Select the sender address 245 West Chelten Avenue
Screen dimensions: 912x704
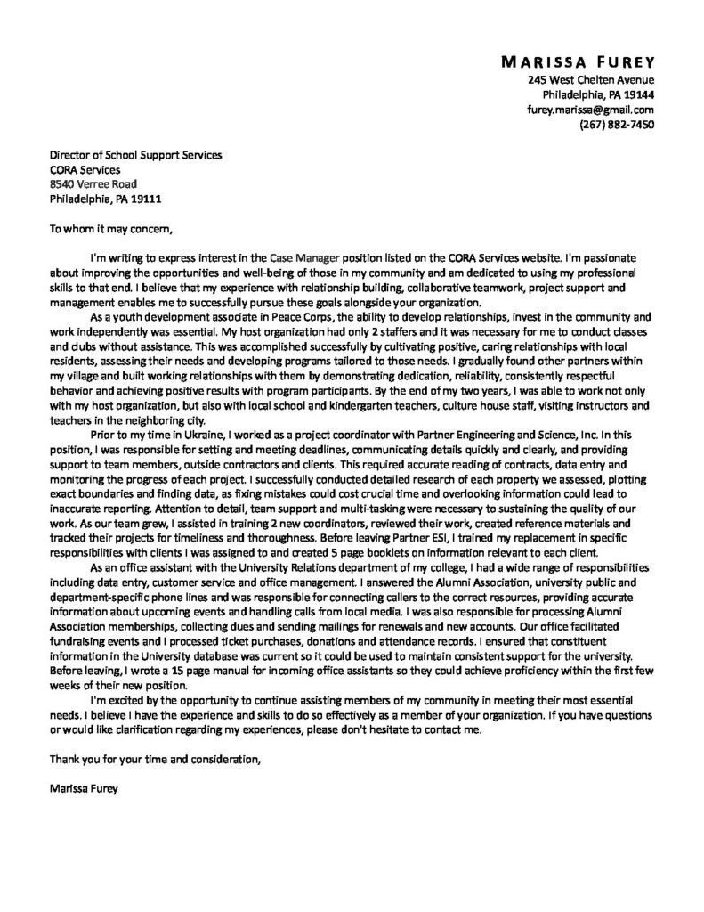click(x=591, y=79)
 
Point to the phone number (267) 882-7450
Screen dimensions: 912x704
click(x=617, y=125)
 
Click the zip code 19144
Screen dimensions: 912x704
click(x=637, y=94)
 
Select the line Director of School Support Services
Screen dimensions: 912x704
click(x=135, y=155)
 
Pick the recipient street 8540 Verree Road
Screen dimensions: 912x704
click(x=93, y=183)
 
